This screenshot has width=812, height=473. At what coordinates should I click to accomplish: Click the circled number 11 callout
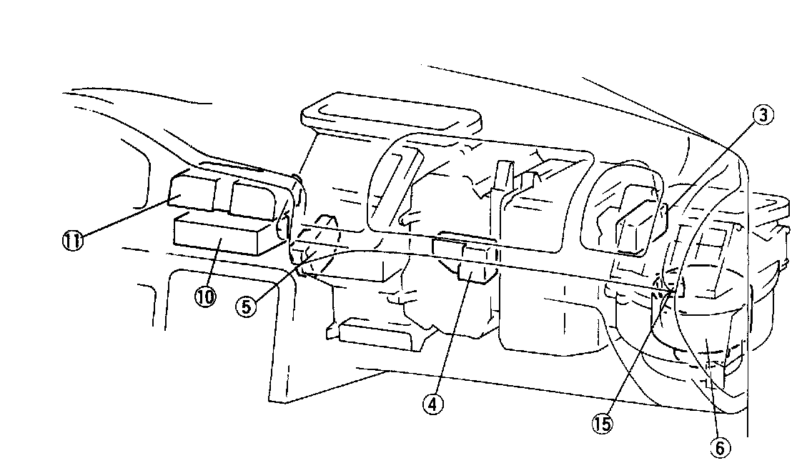tap(71, 239)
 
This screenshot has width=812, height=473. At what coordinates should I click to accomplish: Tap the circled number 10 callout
tap(205, 297)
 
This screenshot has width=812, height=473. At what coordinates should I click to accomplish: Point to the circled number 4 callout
tap(432, 404)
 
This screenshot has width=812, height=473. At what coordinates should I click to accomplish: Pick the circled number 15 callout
tap(602, 424)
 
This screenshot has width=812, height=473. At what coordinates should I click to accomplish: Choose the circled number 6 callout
tap(720, 447)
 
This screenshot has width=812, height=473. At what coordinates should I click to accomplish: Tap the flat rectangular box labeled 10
tap(222, 236)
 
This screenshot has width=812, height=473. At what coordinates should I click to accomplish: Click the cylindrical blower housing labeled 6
tap(704, 336)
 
